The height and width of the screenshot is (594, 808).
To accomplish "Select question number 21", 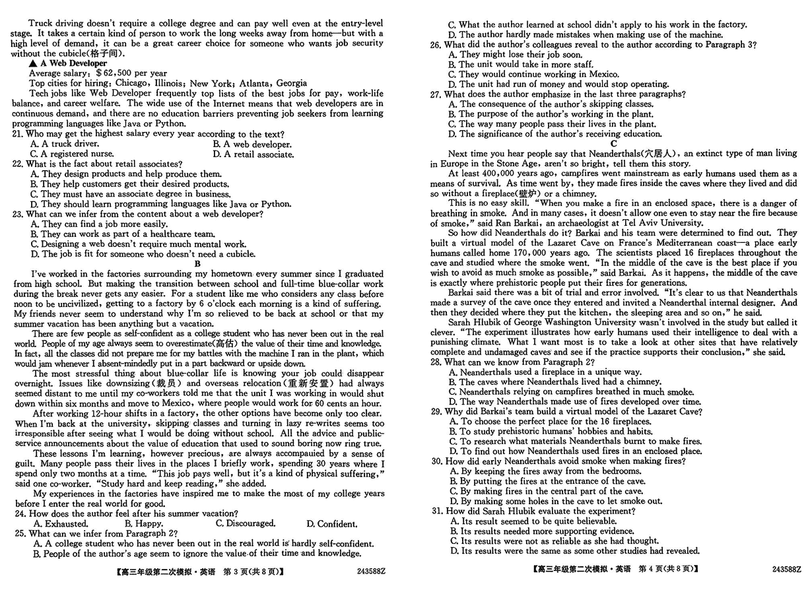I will pyautogui.click(x=18, y=133).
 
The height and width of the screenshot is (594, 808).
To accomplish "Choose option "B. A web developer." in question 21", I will pyautogui.click(x=252, y=144).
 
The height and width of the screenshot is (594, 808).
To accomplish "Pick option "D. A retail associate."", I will pyautogui.click(x=253, y=154).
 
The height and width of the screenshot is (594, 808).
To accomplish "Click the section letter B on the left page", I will pyautogui.click(x=197, y=263).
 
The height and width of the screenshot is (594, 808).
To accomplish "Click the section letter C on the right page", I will pyautogui.click(x=614, y=143).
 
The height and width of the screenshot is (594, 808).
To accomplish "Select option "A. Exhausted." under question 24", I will pyautogui.click(x=60, y=523).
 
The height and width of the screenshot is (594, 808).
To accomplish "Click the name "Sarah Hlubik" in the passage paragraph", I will pyautogui.click(x=474, y=322).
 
